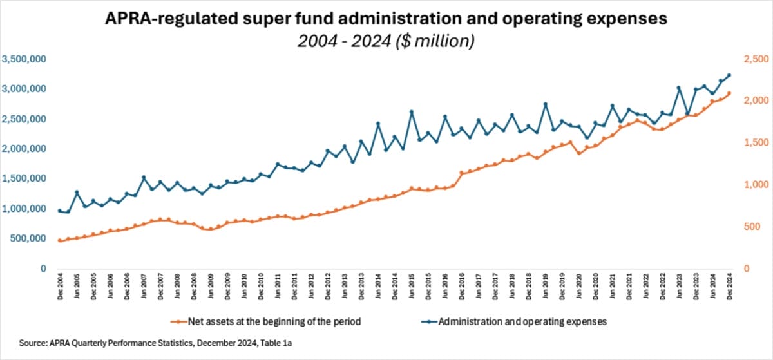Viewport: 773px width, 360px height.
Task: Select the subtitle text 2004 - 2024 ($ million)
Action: [x=386, y=41]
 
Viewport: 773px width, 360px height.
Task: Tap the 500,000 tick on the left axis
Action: [x=26, y=238]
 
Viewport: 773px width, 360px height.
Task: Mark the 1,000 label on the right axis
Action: [x=749, y=185]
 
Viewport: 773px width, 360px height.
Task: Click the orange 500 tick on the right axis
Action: [x=746, y=227]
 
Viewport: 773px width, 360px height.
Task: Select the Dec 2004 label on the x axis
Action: [x=60, y=287]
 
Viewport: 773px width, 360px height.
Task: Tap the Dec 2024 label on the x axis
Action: [x=729, y=287]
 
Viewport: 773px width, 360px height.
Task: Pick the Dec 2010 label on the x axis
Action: [x=261, y=287]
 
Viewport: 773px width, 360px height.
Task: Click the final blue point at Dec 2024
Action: [x=729, y=75]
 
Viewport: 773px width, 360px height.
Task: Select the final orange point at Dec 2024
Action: [x=729, y=93]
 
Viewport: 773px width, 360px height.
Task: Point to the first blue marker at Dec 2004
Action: [x=60, y=211]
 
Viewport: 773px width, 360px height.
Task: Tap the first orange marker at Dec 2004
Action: [x=60, y=240]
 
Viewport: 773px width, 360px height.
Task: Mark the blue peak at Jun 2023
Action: [x=679, y=88]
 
